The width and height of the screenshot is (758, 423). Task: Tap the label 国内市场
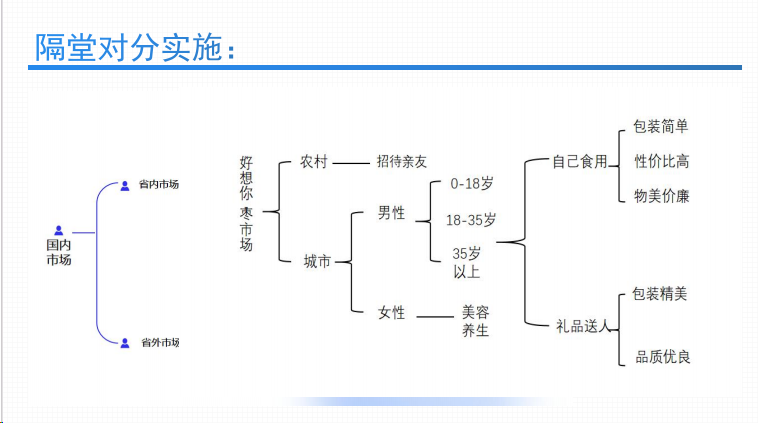pos(58,252)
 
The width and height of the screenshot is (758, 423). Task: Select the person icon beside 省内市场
pos(125,186)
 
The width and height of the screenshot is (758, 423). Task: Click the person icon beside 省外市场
pos(125,343)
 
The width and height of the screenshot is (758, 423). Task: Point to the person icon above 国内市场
pos(58,231)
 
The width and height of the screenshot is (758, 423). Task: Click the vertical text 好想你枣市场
pos(246,204)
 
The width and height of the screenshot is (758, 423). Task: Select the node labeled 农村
pos(314,161)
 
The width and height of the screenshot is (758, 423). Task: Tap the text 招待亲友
pos(402,161)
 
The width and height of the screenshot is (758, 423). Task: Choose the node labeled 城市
pos(317,262)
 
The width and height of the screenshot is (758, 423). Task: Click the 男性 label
pos(391,213)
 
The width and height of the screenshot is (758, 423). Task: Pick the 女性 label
pos(391,313)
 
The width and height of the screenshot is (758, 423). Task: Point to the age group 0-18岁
pos(472,184)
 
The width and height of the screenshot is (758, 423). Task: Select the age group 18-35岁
pos(471,220)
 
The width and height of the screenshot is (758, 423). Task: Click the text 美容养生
pos(475,321)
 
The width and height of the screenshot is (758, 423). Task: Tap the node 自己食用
pos(580,161)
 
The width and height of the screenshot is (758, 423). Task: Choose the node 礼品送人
pos(583,326)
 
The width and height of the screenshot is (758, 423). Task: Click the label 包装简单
pos(660,127)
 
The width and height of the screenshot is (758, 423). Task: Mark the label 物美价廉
pos(661,196)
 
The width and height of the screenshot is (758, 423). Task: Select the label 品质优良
pos(662,357)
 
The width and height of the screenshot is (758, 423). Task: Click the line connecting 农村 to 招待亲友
pos(351,163)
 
